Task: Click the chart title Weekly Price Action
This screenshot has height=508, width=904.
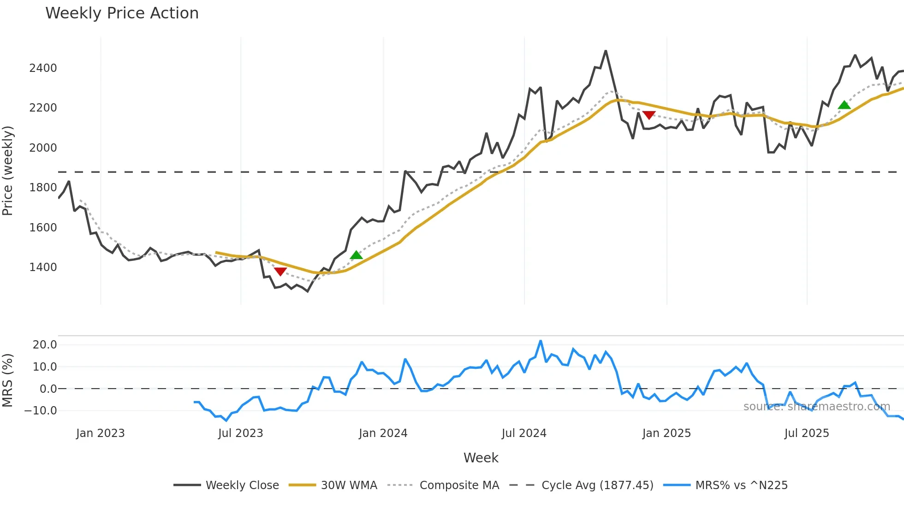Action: [x=122, y=13]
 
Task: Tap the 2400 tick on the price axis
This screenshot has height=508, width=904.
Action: [x=43, y=68]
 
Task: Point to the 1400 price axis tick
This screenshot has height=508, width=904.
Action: [x=43, y=267]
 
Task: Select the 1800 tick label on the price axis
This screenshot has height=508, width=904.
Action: [x=43, y=188]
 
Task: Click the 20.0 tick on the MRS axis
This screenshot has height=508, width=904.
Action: [x=45, y=345]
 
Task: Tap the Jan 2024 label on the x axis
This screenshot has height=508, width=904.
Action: [x=383, y=433]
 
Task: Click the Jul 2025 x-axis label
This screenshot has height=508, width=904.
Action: [x=807, y=433]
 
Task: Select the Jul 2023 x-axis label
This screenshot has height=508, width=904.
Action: [x=240, y=433]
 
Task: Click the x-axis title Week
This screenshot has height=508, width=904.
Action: [x=481, y=458]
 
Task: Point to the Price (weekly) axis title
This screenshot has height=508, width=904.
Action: [x=8, y=171]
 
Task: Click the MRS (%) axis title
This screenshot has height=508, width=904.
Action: [x=8, y=380]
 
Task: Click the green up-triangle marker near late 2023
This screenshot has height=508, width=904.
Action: [x=356, y=255]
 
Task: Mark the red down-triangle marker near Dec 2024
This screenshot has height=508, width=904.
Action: [x=649, y=115]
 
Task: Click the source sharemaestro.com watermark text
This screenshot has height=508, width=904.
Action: [x=816, y=407]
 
